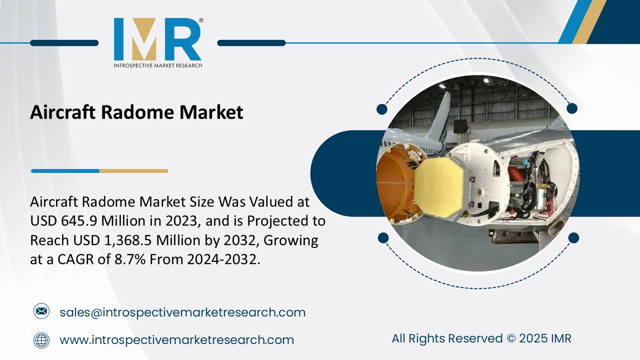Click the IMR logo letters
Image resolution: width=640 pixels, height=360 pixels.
157,40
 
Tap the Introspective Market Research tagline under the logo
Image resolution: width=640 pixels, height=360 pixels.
157,65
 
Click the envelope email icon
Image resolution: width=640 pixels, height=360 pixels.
41,312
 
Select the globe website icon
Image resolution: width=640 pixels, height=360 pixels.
41,340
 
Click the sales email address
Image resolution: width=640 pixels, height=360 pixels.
182,312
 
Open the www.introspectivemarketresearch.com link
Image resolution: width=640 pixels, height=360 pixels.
176,340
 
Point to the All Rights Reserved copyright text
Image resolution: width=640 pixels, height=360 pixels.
481,338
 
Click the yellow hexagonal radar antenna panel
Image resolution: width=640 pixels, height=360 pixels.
442,185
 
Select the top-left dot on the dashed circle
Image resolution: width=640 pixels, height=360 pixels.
382,108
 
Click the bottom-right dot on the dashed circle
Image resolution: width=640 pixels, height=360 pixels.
573,237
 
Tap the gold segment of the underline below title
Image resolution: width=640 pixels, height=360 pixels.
133,171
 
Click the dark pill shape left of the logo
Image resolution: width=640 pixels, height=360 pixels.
64,43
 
